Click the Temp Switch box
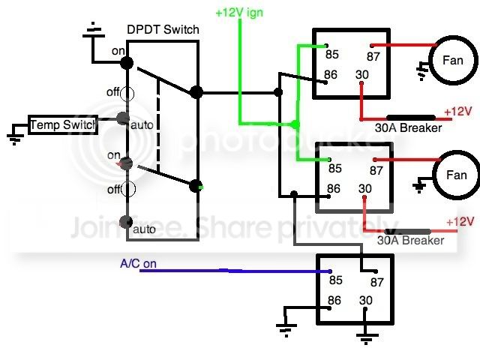(63, 125)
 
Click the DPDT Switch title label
(163, 30)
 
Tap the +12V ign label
(239, 13)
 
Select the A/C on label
(138, 263)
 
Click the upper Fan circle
(453, 60)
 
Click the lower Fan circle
(457, 175)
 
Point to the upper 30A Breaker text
(408, 127)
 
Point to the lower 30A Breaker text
(410, 240)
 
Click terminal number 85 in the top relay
(332, 55)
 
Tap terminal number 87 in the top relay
(373, 56)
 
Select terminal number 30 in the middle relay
(365, 188)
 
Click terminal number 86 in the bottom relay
(334, 300)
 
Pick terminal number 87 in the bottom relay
(376, 282)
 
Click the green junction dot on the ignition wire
(295, 124)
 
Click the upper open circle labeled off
(127, 94)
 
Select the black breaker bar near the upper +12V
(411, 118)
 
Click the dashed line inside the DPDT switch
(158, 125)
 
